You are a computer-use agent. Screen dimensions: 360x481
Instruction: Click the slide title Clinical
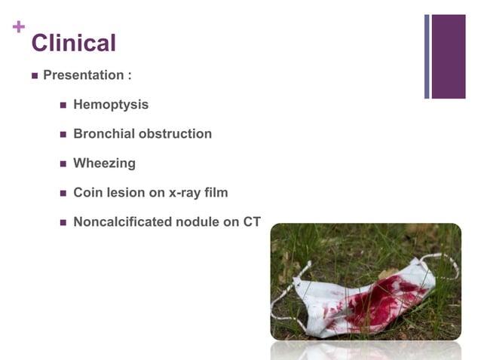(x=73, y=43)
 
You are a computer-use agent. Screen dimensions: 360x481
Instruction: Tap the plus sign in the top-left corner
(x=19, y=27)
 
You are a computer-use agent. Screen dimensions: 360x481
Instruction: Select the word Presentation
(x=83, y=75)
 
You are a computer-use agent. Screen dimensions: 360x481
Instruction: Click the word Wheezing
(x=104, y=163)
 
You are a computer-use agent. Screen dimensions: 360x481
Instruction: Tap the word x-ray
(x=185, y=193)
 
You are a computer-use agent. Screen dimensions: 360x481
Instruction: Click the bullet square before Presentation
(x=35, y=76)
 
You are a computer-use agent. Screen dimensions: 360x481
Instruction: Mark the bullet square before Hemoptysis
(x=63, y=105)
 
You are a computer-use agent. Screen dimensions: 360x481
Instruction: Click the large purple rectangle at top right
(x=449, y=56)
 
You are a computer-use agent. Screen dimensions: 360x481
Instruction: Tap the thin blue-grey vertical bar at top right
(x=427, y=56)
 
